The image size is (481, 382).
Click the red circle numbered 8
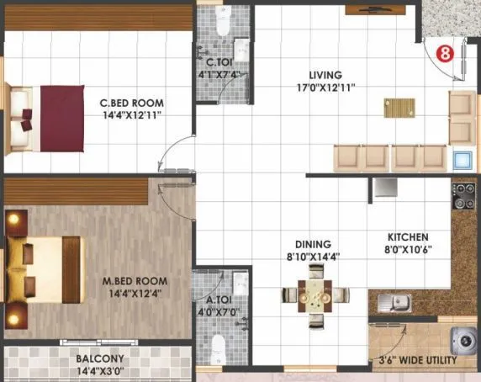click(x=446, y=52)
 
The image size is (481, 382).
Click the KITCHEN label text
click(x=408, y=237)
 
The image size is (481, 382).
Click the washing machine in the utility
click(x=463, y=340)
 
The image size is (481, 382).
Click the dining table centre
click(x=315, y=294)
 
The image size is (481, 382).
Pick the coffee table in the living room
click(x=399, y=108)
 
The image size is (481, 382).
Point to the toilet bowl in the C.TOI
click(x=222, y=23)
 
